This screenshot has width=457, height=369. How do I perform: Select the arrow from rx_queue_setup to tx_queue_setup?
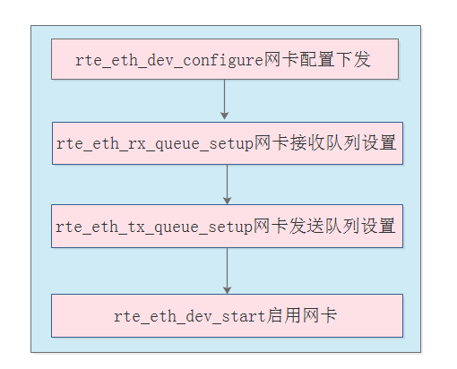[227, 184]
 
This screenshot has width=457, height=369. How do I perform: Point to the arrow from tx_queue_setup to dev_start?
[227, 270]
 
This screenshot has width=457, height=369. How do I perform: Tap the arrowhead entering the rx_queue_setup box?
[225, 116]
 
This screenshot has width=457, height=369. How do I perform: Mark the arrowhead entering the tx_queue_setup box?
[227, 199]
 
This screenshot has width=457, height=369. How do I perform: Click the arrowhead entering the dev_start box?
[227, 288]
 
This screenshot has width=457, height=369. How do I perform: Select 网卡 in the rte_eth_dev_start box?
[320, 315]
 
